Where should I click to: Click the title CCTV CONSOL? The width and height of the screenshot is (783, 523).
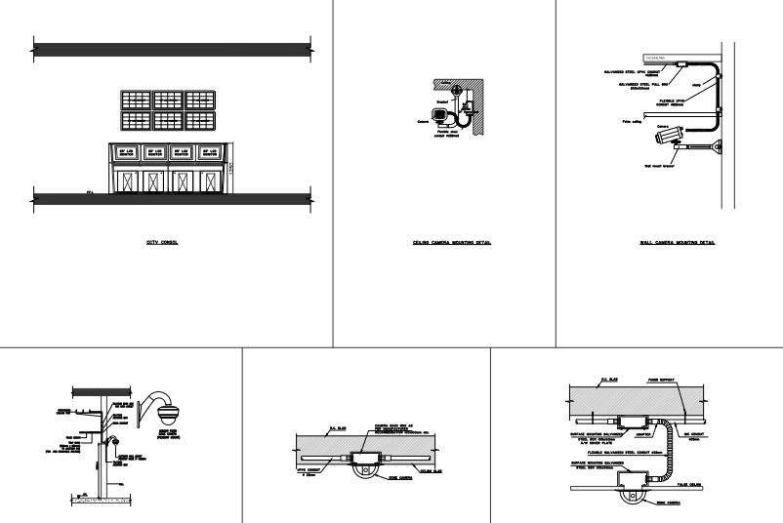click(161, 242)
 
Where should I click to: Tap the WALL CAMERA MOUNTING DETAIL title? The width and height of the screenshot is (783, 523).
click(677, 242)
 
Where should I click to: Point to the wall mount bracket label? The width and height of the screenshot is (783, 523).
click(665, 166)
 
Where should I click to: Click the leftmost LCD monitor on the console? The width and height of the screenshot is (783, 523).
click(126, 153)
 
